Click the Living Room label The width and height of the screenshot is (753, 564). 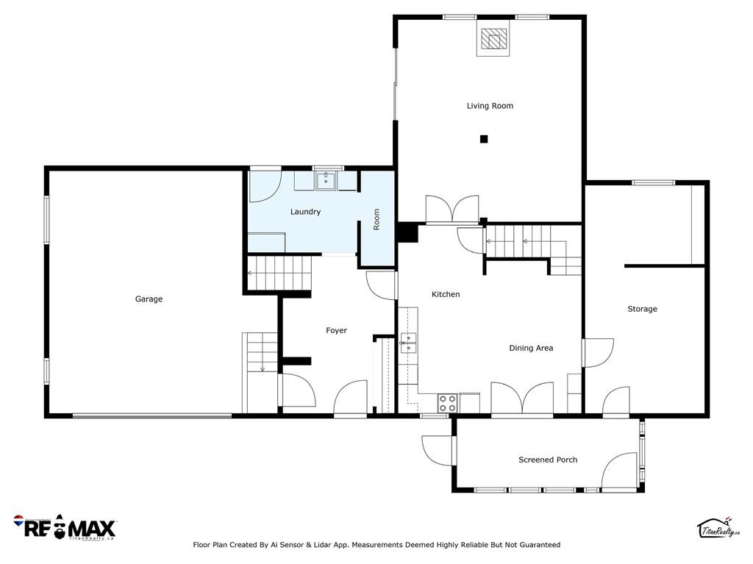(490, 106)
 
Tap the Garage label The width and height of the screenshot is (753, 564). (149, 299)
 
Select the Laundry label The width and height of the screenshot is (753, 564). (305, 212)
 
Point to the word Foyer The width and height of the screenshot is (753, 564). (336, 330)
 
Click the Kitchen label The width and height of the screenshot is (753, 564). (446, 294)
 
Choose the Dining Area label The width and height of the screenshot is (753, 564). (531, 348)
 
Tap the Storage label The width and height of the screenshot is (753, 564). (642, 309)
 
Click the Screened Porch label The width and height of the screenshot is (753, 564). (548, 460)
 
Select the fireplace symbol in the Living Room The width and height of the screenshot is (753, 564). (493, 40)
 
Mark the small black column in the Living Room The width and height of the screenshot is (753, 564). (484, 139)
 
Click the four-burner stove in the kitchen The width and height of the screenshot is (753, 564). (447, 403)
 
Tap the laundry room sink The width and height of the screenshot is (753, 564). (326, 181)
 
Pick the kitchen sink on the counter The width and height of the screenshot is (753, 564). (408, 343)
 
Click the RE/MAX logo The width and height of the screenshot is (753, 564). (65, 527)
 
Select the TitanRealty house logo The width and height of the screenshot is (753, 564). (718, 529)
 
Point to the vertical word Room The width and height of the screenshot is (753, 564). (376, 219)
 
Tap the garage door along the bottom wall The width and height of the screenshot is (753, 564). (152, 416)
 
